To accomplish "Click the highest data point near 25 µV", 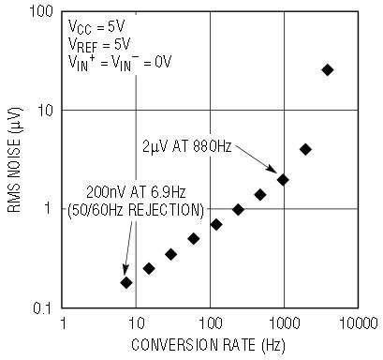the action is coord(328,70).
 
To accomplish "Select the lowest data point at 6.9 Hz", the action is coord(126,282).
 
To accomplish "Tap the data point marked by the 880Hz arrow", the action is coord(283,180).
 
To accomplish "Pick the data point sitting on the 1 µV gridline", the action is coord(238,209).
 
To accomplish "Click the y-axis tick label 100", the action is coord(41,12).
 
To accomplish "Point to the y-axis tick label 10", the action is coord(45,111).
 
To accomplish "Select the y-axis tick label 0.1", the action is coord(43,308).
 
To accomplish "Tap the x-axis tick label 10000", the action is coord(359,323).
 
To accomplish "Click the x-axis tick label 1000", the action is coord(284,323).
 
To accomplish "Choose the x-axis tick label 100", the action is coord(211,323).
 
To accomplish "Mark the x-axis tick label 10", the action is coord(137,323).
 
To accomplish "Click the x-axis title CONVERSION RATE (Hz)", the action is coord(208,345).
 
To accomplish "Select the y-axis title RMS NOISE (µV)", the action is coord(15,160).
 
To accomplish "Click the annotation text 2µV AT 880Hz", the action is coord(187,146).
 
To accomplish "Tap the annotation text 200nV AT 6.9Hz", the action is coord(136,192).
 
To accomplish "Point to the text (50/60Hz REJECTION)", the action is coord(136,210).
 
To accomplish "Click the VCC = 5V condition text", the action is coord(96,27).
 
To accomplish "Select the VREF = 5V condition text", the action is coord(99,45).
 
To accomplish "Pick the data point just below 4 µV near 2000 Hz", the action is coord(305,149).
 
